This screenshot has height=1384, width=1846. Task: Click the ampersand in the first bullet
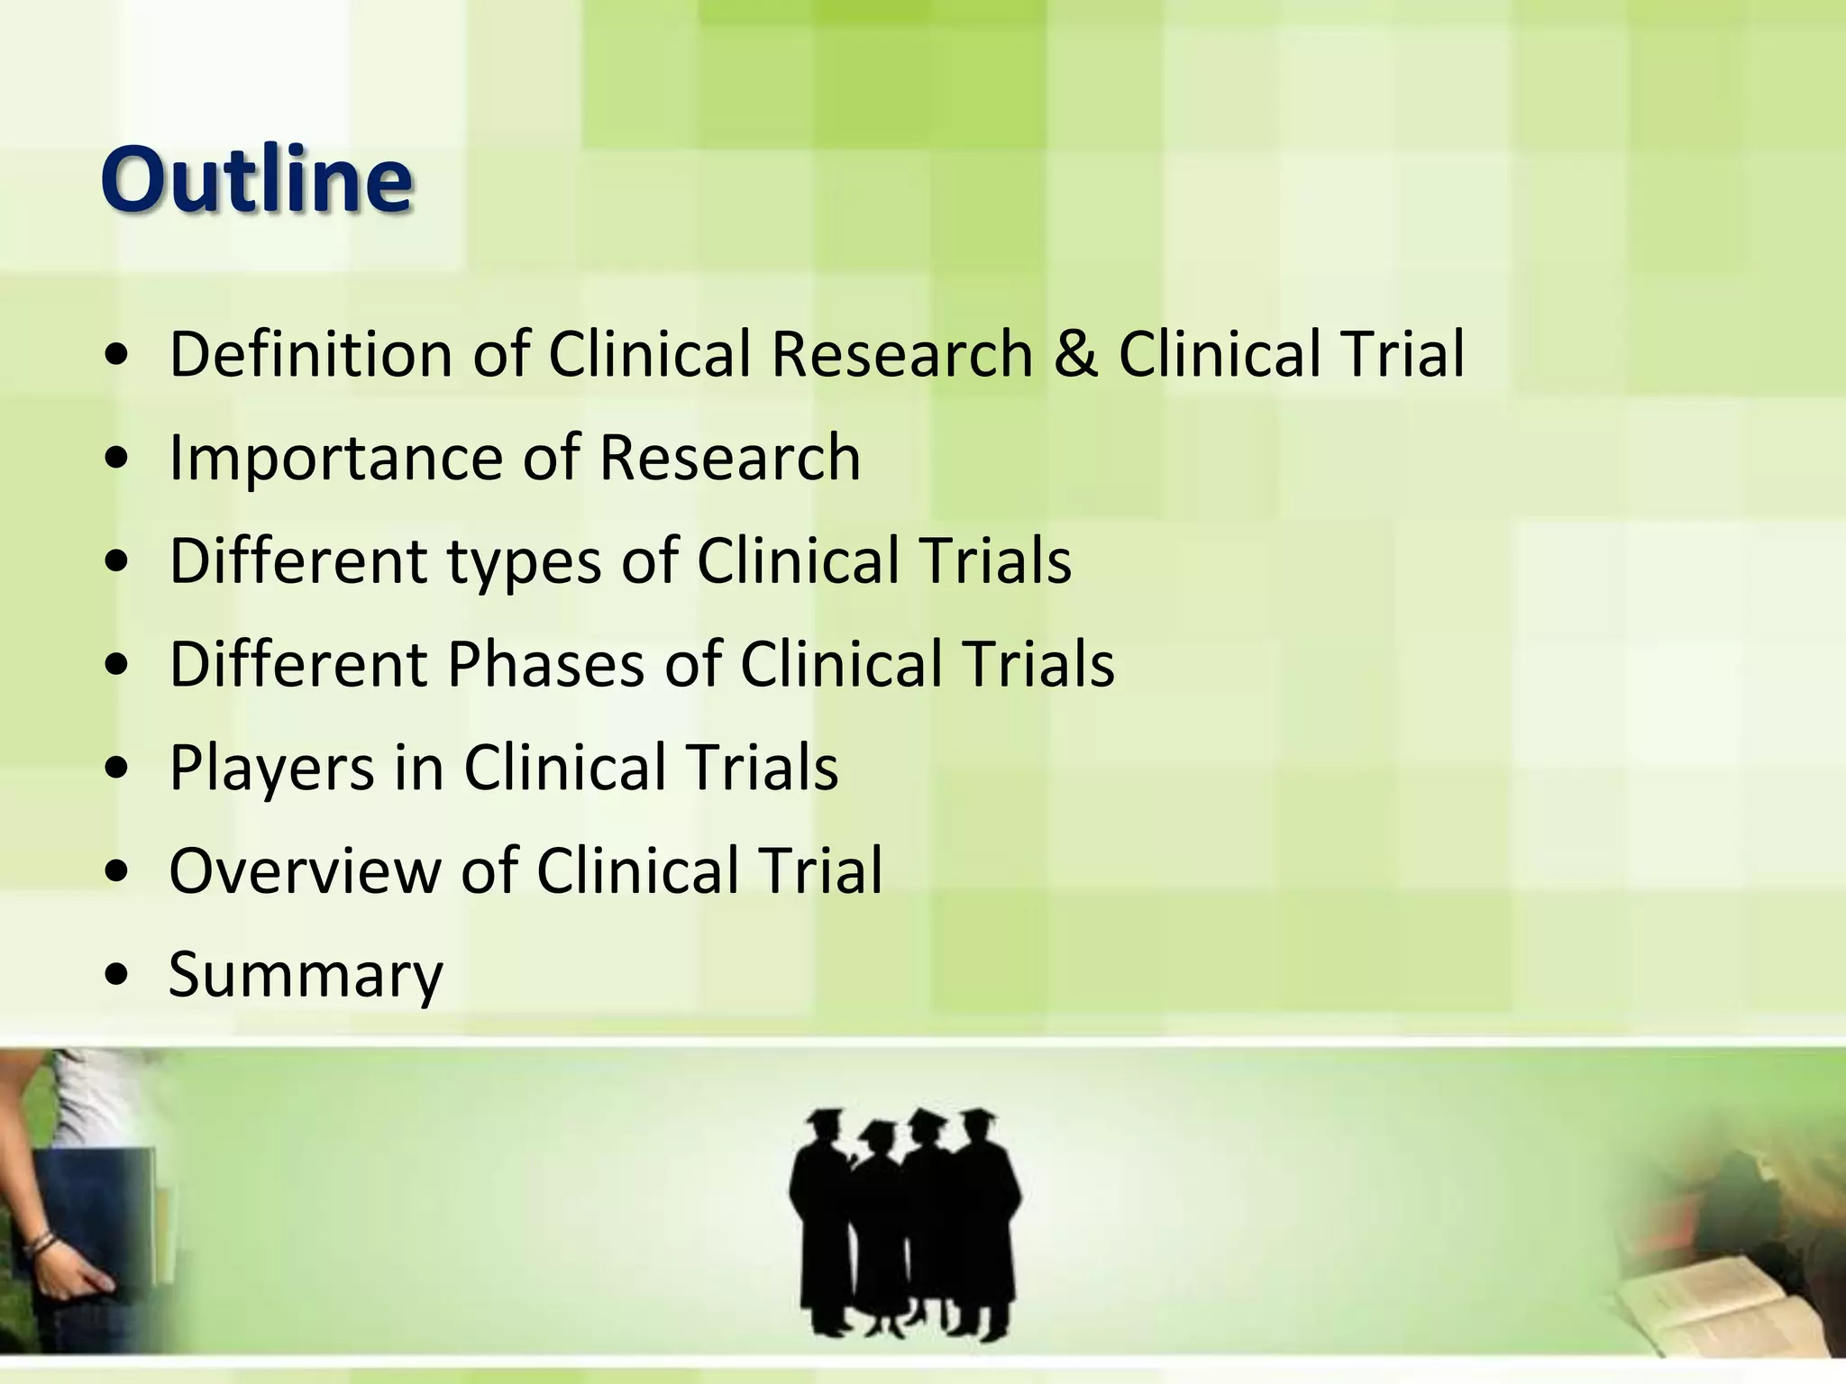[x=1075, y=353]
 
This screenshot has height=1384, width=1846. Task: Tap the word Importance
[x=334, y=457]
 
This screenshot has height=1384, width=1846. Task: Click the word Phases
[x=544, y=665]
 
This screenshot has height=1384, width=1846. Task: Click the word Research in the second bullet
[x=729, y=457]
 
